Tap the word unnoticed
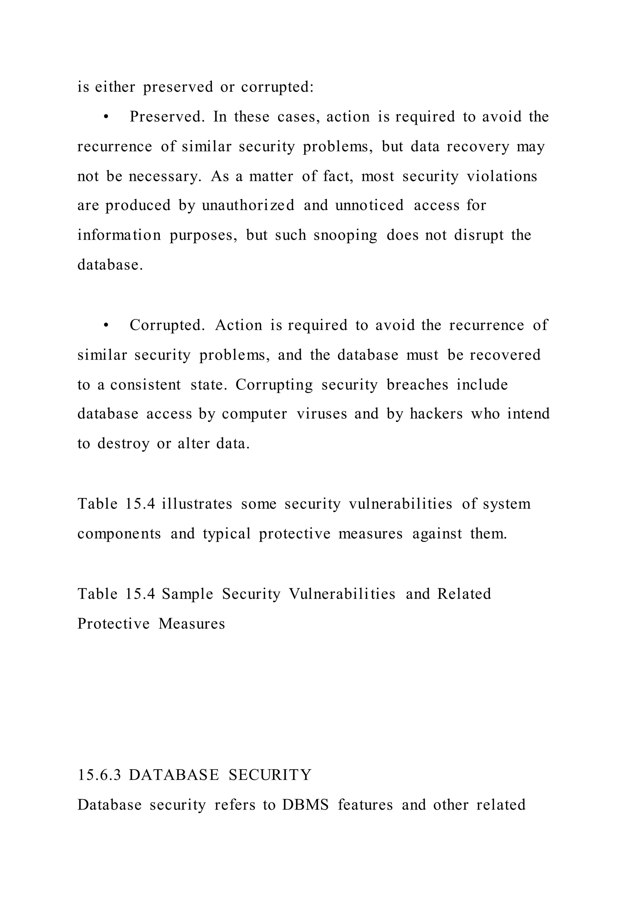(x=369, y=205)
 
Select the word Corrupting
(x=274, y=385)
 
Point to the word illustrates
(x=197, y=504)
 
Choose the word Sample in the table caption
(x=187, y=594)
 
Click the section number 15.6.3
(x=99, y=775)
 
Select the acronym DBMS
(x=305, y=805)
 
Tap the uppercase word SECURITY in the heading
(x=270, y=775)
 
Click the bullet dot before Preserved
(x=105, y=117)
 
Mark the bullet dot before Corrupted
(x=105, y=326)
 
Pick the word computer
(x=254, y=414)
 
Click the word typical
(x=227, y=534)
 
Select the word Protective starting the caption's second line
(x=113, y=624)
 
